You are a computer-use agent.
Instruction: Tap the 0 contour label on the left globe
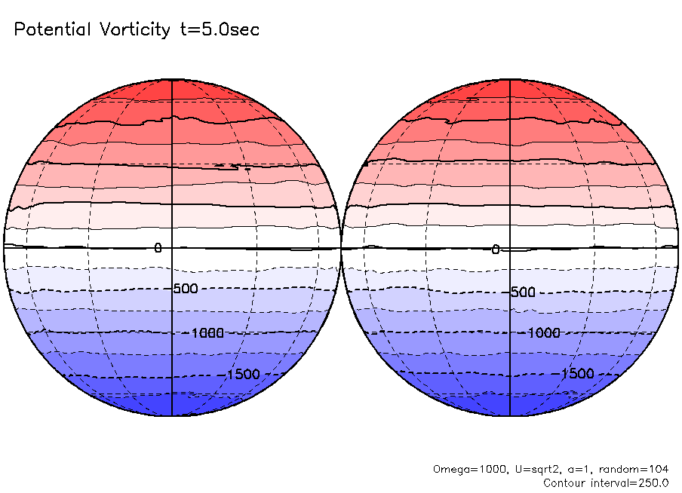tap(158, 248)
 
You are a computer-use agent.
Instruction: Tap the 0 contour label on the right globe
tap(496, 250)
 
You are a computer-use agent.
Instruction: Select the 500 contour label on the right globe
tap(523, 292)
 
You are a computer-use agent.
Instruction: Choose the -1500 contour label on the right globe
tap(578, 374)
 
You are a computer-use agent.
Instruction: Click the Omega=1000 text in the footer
tap(463, 469)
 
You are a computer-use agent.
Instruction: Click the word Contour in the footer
tap(564, 482)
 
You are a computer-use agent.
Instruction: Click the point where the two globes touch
tap(341, 247)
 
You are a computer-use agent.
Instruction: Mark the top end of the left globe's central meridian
tap(173, 78)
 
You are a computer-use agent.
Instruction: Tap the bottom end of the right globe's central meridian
tap(511, 416)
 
